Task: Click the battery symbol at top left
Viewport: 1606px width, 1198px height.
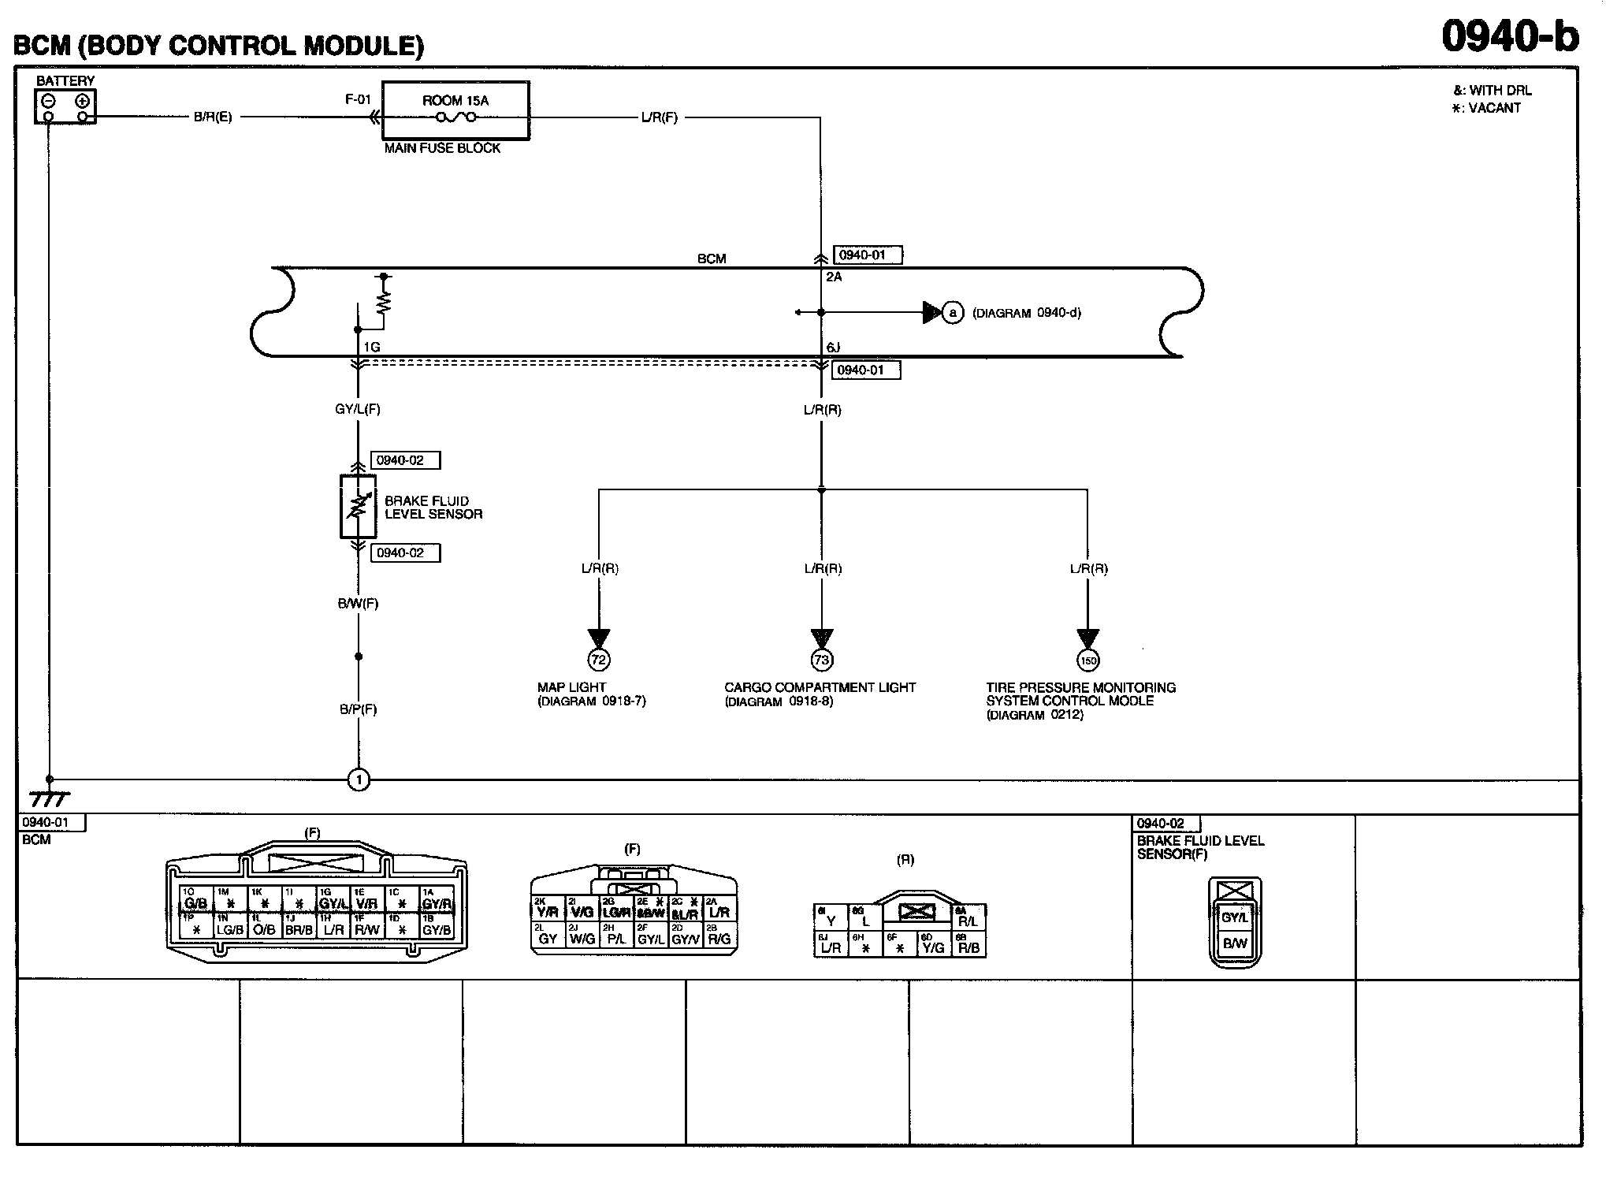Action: pos(65,107)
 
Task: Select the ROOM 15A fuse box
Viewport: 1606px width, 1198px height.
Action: pos(455,110)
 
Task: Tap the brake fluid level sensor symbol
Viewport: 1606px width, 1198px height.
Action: pos(358,506)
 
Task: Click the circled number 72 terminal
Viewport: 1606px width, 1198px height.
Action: pos(599,660)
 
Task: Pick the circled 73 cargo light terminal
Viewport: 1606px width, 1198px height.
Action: pos(821,660)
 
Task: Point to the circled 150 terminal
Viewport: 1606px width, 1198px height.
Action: pos(1087,660)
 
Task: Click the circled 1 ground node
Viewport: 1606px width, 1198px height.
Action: pos(359,780)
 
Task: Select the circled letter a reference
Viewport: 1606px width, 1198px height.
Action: pos(954,313)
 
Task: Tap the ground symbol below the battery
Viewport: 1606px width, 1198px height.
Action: pos(49,798)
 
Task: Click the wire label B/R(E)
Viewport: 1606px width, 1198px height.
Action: pos(213,117)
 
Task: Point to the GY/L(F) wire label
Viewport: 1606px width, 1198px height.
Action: pos(358,409)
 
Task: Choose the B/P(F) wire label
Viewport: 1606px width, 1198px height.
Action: pos(359,709)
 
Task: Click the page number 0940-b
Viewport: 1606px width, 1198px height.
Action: pos(1511,37)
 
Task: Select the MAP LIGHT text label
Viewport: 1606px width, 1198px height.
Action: pos(571,687)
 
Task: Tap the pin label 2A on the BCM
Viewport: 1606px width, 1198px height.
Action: pos(834,277)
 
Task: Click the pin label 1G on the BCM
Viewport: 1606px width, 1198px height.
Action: pos(371,347)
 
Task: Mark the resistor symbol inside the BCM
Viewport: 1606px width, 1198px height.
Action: pos(384,302)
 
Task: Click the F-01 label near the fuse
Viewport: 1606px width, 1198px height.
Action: pos(358,99)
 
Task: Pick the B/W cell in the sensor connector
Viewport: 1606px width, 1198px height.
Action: pos(1235,943)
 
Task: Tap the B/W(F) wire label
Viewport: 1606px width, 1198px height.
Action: pos(359,604)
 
